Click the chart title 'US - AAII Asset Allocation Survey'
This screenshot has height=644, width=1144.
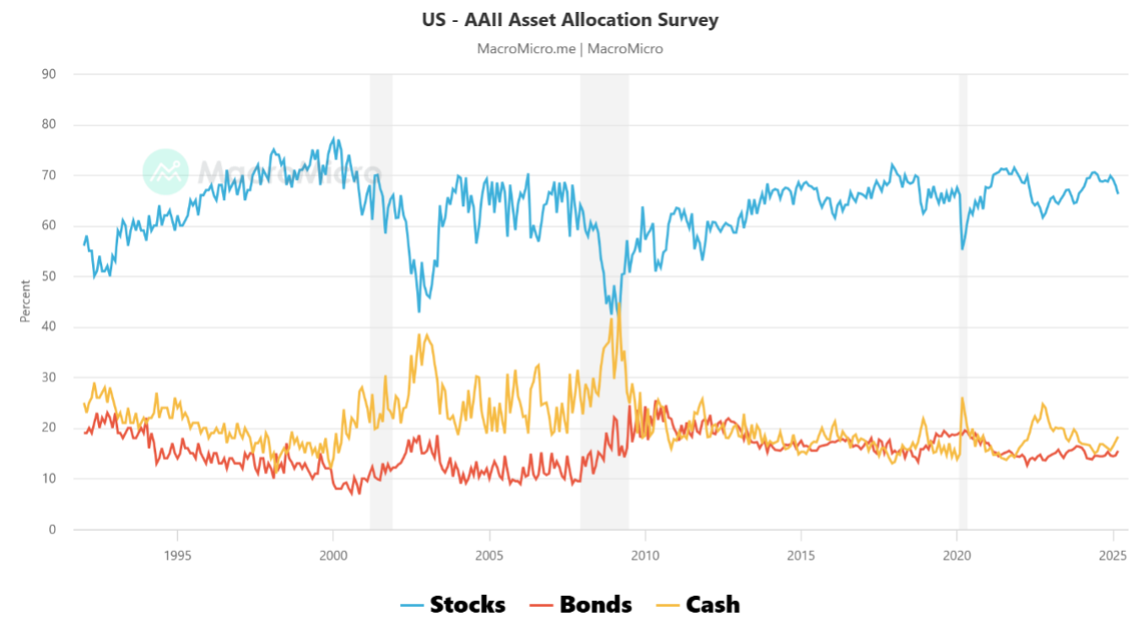click(570, 19)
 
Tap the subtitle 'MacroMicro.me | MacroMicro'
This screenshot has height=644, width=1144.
click(570, 49)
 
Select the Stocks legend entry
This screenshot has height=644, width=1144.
click(453, 605)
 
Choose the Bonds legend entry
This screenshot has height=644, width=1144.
click(581, 605)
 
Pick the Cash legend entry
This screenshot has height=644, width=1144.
click(699, 605)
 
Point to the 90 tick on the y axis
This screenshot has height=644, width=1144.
click(49, 74)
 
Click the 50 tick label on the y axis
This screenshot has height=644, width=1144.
click(49, 276)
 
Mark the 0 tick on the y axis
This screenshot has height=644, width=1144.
click(52, 529)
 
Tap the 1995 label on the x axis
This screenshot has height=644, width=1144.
click(177, 555)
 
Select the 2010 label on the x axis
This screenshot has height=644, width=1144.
click(645, 555)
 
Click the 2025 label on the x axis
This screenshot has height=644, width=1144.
click(1113, 555)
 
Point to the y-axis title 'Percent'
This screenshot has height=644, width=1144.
click(25, 301)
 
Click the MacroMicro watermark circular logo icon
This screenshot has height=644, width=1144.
click(165, 171)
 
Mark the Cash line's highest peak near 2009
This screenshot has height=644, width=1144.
click(618, 305)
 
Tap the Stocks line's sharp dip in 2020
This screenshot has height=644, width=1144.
click(963, 248)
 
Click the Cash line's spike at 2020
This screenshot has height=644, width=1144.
click(962, 398)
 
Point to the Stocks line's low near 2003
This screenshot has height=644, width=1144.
click(419, 311)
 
